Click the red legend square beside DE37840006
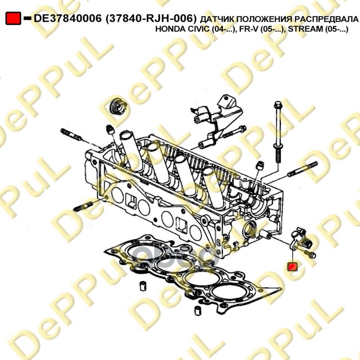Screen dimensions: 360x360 (x=13, y=18)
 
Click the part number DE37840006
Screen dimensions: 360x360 (x=67, y=18)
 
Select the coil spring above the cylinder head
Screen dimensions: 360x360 (x=118, y=106)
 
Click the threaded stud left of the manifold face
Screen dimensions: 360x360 (x=83, y=206)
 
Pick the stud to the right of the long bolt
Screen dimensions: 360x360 (x=303, y=170)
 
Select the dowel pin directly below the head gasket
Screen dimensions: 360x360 (x=197, y=310)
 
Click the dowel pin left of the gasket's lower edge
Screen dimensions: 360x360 (x=143, y=286)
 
